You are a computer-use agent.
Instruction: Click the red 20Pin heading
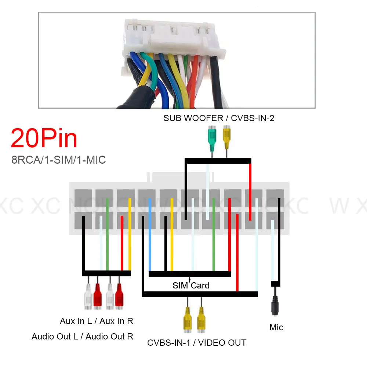point(44,138)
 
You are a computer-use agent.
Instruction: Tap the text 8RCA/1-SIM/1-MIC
point(59,160)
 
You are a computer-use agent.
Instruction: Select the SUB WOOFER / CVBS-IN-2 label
point(219,118)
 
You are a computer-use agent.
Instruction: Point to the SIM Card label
point(191,286)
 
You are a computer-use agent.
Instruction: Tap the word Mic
point(276,327)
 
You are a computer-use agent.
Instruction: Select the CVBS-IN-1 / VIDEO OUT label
point(197,343)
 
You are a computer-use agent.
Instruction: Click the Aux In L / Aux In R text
point(97,321)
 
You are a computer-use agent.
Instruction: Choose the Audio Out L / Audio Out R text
point(82,336)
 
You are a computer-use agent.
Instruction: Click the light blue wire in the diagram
point(150,235)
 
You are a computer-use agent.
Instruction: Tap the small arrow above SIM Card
point(189,280)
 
